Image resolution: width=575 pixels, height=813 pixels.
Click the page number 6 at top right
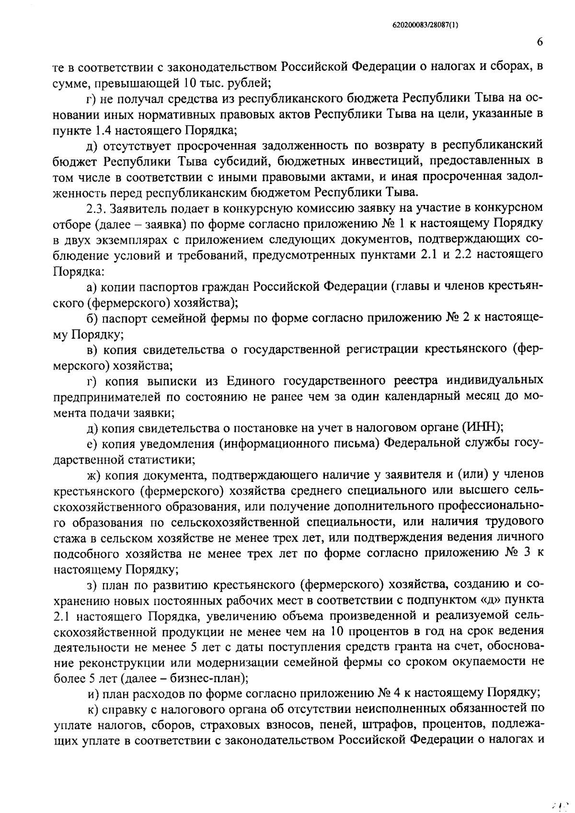click(540, 43)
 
